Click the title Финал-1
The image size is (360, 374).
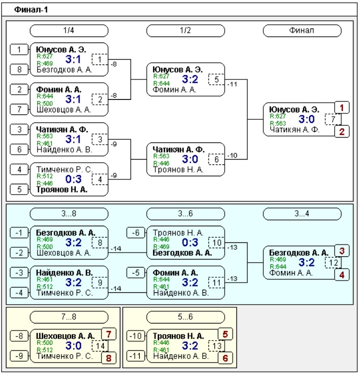31,10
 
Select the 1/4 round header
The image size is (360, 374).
69,31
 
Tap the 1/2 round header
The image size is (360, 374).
185,31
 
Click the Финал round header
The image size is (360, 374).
302,31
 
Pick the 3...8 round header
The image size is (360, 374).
69,213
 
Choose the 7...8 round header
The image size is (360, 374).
69,317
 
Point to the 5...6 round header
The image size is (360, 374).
185,317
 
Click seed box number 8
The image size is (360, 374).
19,70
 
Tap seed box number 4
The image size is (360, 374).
19,170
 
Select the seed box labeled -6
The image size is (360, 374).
136,233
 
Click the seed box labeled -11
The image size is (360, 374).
136,356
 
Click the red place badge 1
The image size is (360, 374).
342,108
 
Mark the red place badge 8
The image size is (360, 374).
109,358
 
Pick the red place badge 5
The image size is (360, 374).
225,334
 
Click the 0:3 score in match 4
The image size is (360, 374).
74,179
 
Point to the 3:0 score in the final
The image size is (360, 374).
307,119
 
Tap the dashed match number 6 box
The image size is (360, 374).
217,160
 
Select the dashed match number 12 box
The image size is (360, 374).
333,263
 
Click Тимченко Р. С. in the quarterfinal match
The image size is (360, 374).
64,170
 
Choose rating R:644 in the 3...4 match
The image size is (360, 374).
278,267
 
